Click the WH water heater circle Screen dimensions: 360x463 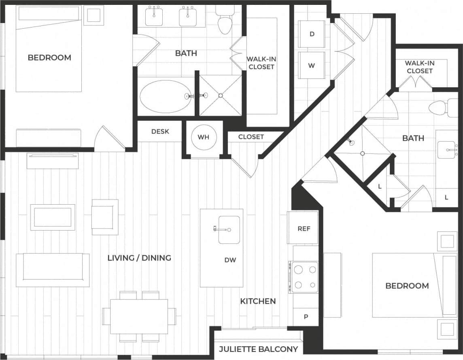204,137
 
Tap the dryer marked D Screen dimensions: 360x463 312,34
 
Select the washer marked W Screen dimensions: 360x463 312,65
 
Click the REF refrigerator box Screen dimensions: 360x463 304,228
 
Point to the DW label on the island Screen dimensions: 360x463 230,260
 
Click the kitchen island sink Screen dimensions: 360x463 229,229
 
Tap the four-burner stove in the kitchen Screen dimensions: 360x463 305,277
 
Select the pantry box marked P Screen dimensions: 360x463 306,316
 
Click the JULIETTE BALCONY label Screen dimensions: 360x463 259,349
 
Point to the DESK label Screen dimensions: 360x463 160,131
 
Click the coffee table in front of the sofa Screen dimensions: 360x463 53,217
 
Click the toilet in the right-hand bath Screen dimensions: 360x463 438,108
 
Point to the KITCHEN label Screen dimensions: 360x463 258,301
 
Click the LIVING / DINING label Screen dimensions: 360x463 139,258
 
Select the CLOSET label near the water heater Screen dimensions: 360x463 251,137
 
